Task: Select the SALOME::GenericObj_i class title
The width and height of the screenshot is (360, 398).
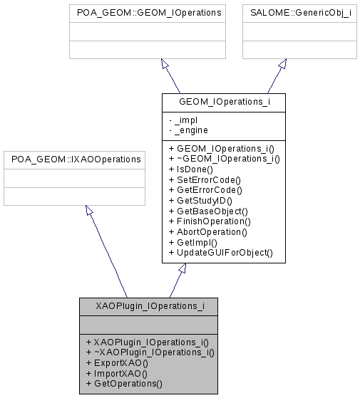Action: tap(300, 13)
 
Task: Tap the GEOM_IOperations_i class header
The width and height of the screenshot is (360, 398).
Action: tap(224, 101)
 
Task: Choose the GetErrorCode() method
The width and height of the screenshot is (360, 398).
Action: tap(205, 190)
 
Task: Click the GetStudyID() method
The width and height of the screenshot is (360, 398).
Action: tap(200, 201)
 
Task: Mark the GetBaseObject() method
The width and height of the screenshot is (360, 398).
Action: tap(207, 211)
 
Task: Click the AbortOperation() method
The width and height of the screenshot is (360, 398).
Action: tap(207, 231)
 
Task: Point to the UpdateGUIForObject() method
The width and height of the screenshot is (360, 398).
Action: tap(220, 253)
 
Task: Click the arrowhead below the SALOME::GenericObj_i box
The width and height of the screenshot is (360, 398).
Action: tap(282, 64)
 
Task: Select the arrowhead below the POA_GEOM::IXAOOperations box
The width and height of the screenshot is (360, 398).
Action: tap(89, 210)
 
